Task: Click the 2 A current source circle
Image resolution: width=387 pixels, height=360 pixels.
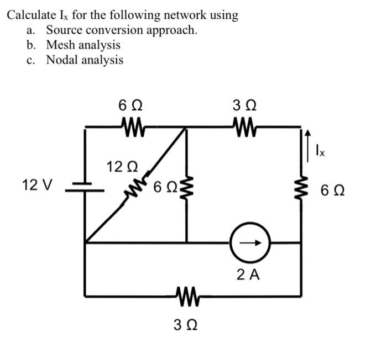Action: [250, 242]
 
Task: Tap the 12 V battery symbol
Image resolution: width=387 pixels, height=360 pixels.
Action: [85, 187]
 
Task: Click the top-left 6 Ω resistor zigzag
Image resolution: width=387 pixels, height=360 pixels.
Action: [133, 127]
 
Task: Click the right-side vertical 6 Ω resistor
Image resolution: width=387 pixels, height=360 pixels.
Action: [301, 188]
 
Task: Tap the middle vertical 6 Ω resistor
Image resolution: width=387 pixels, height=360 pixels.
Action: [187, 188]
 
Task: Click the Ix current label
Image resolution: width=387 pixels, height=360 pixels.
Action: [320, 150]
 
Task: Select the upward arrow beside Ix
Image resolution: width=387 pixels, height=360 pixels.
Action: [307, 146]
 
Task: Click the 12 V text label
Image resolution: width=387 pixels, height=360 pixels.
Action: [37, 185]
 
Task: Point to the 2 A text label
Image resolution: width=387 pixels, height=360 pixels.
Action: [248, 275]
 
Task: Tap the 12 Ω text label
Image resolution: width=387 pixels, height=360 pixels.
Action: [122, 167]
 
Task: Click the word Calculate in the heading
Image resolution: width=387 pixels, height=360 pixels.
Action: [32, 15]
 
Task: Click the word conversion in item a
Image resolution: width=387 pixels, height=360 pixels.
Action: [114, 30]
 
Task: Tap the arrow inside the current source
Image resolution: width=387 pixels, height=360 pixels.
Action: [250, 243]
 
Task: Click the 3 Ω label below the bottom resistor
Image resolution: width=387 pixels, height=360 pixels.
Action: [186, 325]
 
